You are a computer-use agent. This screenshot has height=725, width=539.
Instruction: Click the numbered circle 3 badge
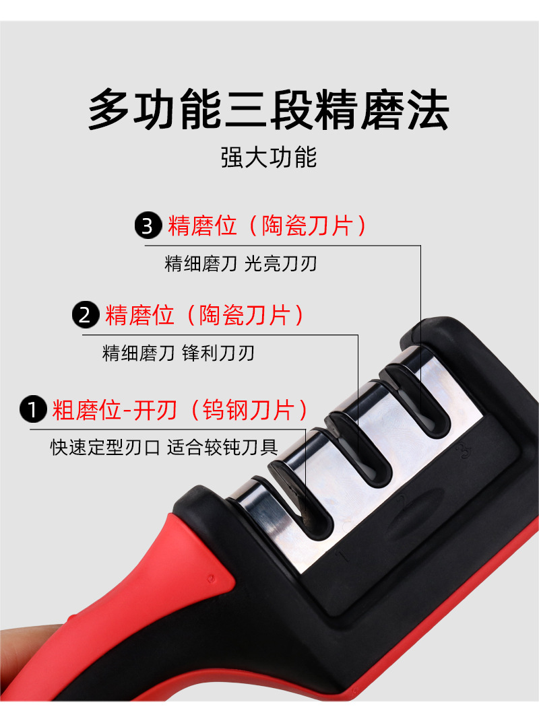click(148, 226)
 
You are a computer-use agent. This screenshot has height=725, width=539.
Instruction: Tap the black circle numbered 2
click(86, 315)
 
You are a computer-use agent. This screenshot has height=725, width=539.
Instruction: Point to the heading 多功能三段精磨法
click(269, 110)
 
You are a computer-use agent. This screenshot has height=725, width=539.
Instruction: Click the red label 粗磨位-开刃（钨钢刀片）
click(181, 409)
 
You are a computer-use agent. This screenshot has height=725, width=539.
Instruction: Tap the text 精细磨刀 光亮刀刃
click(241, 263)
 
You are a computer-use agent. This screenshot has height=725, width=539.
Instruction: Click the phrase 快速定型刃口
click(105, 447)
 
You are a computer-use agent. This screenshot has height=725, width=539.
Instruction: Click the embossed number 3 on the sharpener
click(462, 452)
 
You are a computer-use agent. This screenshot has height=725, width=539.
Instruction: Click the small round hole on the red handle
click(211, 578)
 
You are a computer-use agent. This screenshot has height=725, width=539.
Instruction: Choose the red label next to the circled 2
click(205, 315)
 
